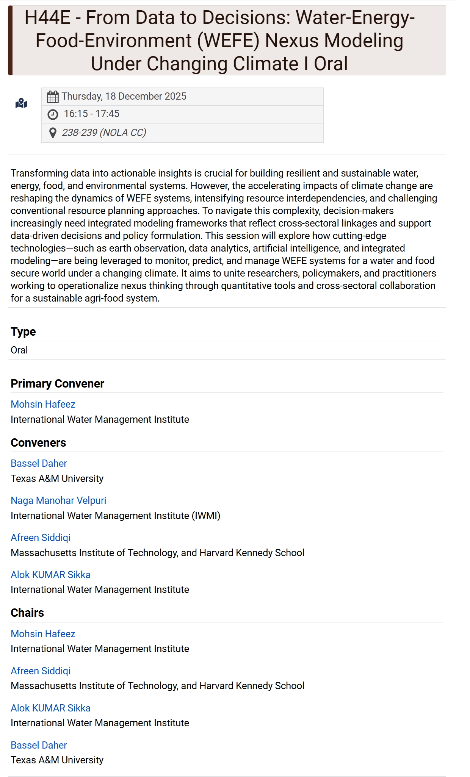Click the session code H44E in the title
[47, 18]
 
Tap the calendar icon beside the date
[53, 97]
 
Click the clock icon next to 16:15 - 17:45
[53, 114]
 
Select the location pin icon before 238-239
[53, 133]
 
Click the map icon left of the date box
[21, 103]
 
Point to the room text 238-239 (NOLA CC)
[104, 133]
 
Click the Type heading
[23, 331]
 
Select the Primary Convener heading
[57, 383]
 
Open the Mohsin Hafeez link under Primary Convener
[43, 404]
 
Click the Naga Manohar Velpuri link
[58, 500]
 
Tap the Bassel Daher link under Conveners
[39, 463]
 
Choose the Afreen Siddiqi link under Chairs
[41, 671]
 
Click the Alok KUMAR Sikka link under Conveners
[50, 575]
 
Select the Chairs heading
[27, 613]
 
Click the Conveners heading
[38, 442]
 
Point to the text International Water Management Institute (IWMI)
[115, 516]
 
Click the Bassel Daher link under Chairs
[39, 745]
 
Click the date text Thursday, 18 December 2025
[124, 96]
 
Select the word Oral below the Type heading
[19, 350]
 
